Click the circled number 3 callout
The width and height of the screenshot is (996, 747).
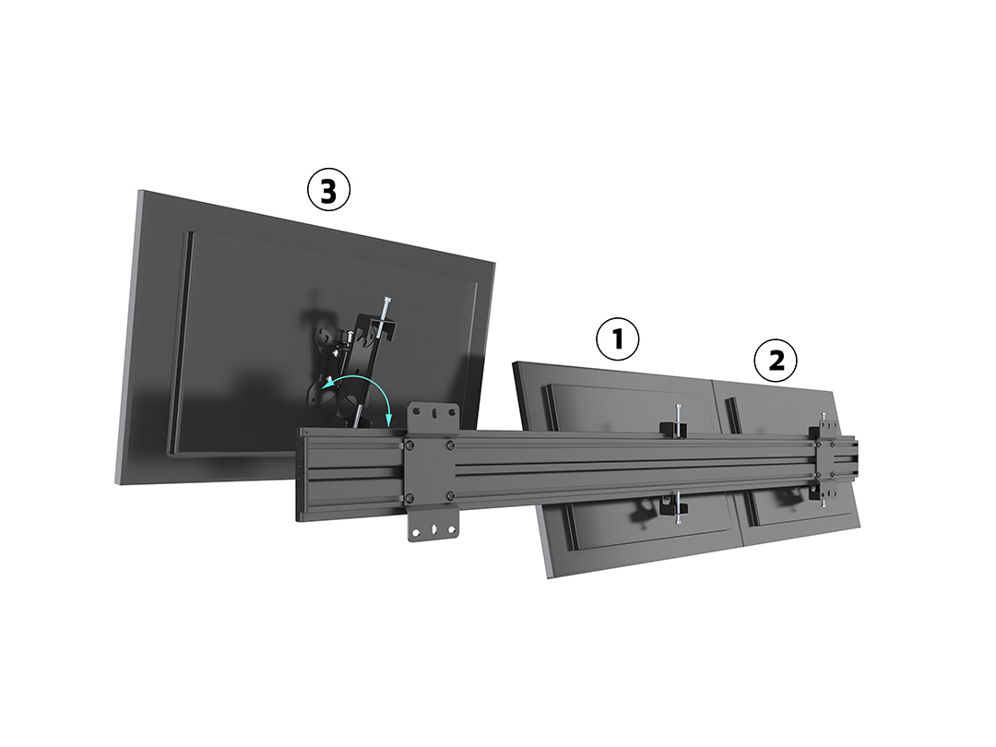tap(328, 189)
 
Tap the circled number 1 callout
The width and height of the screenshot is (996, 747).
tap(617, 339)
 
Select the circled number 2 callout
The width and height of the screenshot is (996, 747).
tap(776, 361)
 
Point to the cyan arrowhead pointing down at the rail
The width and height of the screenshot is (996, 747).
tap(389, 421)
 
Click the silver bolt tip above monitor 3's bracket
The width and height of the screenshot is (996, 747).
tap(386, 300)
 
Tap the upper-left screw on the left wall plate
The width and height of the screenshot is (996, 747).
tap(410, 445)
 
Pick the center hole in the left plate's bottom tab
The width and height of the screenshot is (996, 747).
tap(433, 528)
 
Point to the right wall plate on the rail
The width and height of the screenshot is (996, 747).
tap(827, 460)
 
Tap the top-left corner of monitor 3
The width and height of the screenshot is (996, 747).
tap(139, 190)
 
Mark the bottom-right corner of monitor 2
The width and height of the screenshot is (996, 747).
tap(861, 528)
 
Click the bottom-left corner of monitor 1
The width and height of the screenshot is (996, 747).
tap(550, 577)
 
